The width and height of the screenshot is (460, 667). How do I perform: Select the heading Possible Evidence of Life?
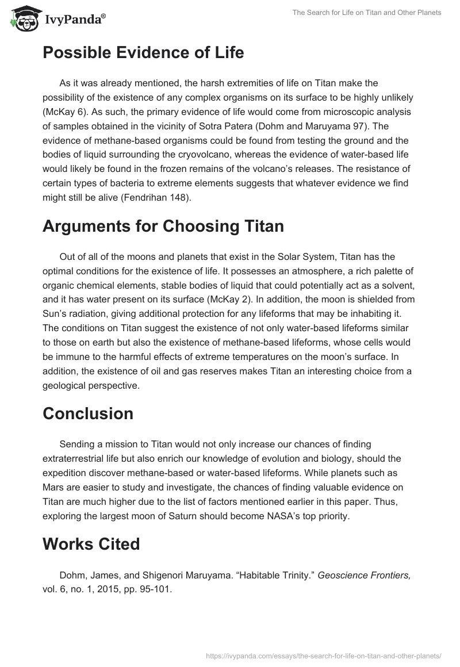click(x=143, y=53)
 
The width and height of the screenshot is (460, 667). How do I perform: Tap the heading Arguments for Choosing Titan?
click(x=163, y=226)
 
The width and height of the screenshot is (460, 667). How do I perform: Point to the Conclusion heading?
click(x=88, y=413)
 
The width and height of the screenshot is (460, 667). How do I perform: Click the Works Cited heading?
click(x=91, y=543)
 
